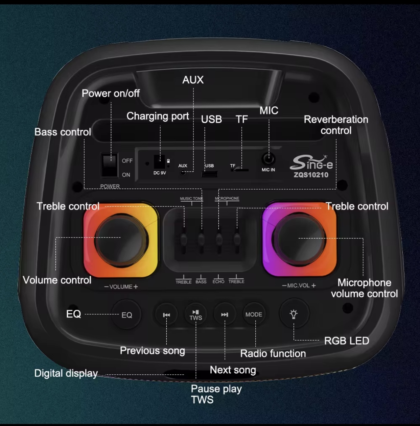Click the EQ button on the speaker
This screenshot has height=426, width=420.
coord(126,315)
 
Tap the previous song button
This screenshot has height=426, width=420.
coord(166,315)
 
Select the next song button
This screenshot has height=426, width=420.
coord(225,315)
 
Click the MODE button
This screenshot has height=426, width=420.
coord(254,315)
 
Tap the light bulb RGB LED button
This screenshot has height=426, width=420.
coord(294,314)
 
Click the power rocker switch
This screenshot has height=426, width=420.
coord(109,165)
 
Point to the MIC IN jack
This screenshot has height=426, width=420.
coord(269,159)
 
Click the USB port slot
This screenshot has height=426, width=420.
coord(209,174)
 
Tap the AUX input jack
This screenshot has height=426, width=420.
coord(183,172)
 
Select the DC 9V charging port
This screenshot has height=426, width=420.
coord(159,162)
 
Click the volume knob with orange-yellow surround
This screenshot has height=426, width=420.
coord(121,240)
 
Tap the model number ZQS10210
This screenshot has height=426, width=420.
coord(311,175)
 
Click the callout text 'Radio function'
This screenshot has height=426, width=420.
coord(273,353)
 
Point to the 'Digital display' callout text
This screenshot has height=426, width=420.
coord(66,374)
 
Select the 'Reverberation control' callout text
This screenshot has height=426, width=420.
coord(336,125)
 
